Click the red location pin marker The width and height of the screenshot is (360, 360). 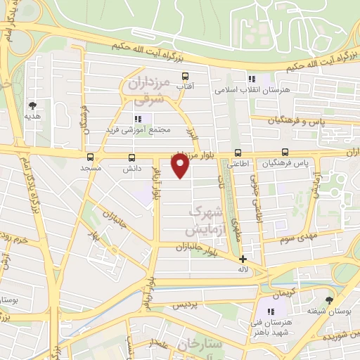[x=181, y=166]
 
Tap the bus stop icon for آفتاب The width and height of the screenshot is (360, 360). [x=186, y=77]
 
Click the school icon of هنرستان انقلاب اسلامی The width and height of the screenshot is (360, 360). [x=252, y=79]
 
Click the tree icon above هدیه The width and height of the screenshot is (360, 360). [x=32, y=103]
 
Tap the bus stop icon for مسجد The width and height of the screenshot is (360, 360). [x=90, y=157]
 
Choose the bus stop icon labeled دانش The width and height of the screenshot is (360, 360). [x=131, y=157]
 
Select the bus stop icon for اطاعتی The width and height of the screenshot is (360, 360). [x=238, y=152]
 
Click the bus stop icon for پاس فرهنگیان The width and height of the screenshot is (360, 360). [x=285, y=152]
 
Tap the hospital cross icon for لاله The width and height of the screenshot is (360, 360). [x=243, y=259]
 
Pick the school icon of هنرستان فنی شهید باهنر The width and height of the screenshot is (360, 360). [x=271, y=311]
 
